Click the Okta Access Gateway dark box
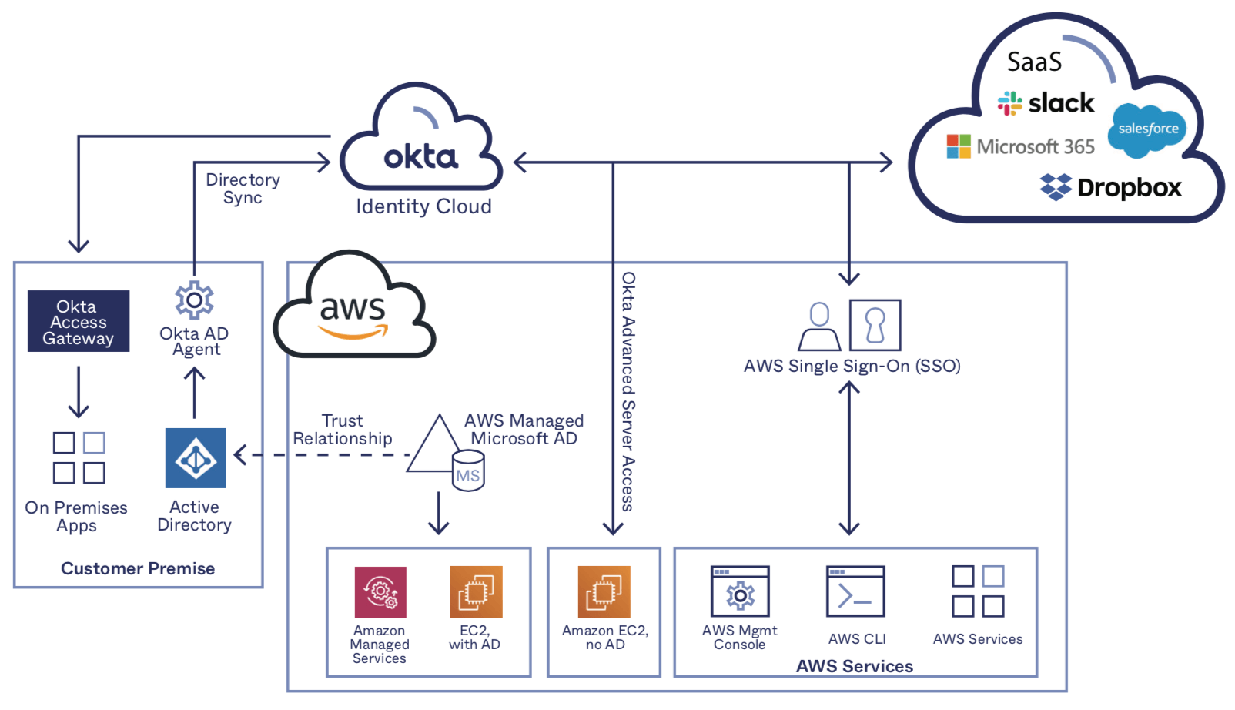click(79, 321)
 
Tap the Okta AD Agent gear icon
click(194, 300)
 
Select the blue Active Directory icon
click(196, 458)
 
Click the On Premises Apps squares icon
click(79, 457)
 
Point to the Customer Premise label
click(138, 568)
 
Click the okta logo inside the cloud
click(420, 157)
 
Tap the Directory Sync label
click(243, 189)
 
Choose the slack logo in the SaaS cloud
click(1046, 103)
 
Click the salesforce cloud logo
click(1147, 129)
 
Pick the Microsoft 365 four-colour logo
click(959, 146)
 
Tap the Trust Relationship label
click(343, 430)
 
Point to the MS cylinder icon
click(468, 471)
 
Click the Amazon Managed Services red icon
click(380, 592)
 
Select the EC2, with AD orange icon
click(476, 592)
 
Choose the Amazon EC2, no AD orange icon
click(604, 592)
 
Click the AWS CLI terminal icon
click(855, 591)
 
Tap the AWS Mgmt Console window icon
click(740, 591)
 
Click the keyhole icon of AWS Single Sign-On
click(875, 325)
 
